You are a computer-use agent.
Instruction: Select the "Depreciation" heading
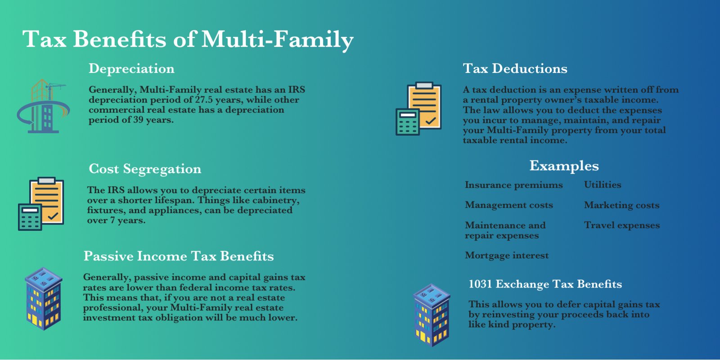tap(131, 69)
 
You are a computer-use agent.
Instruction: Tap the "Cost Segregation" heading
tap(145, 169)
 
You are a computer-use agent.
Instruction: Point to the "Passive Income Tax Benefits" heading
tap(179, 256)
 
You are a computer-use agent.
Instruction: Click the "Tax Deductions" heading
tap(515, 68)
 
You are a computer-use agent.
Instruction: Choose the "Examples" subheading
tap(564, 166)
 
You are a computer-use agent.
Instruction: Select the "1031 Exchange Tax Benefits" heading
tap(545, 284)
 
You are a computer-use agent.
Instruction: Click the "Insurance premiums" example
tap(513, 185)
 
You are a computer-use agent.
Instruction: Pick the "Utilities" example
tap(603, 184)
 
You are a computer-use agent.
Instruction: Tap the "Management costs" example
tap(509, 205)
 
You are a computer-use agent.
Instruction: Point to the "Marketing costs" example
tap(621, 205)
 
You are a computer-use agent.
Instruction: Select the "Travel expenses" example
tap(622, 225)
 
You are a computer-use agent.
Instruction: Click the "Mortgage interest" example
tap(507, 256)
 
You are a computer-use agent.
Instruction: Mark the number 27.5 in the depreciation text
tap(204, 99)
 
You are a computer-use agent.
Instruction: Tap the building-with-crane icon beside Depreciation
tap(43, 106)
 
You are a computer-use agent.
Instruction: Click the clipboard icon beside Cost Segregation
tap(41, 204)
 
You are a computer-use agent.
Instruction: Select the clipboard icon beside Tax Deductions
tap(418, 108)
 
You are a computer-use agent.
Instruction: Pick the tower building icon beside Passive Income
tap(43, 299)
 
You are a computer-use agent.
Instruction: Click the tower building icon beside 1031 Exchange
tap(432, 315)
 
